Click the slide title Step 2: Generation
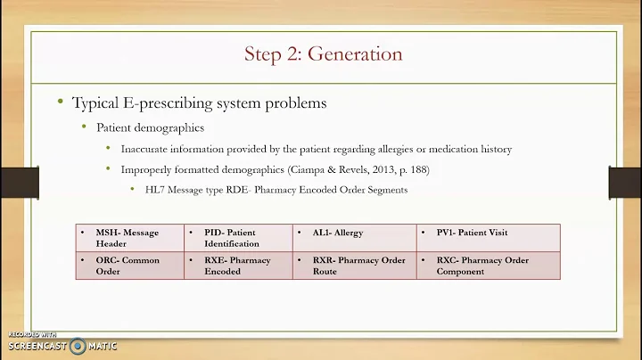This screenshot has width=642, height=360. pos(323,54)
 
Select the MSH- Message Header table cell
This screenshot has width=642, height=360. pos(127,238)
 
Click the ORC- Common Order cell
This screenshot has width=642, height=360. pos(127,266)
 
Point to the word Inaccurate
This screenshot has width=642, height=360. pos(147,148)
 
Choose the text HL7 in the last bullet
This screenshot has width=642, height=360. pos(154,189)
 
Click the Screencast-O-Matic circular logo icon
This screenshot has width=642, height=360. pos(78,345)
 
